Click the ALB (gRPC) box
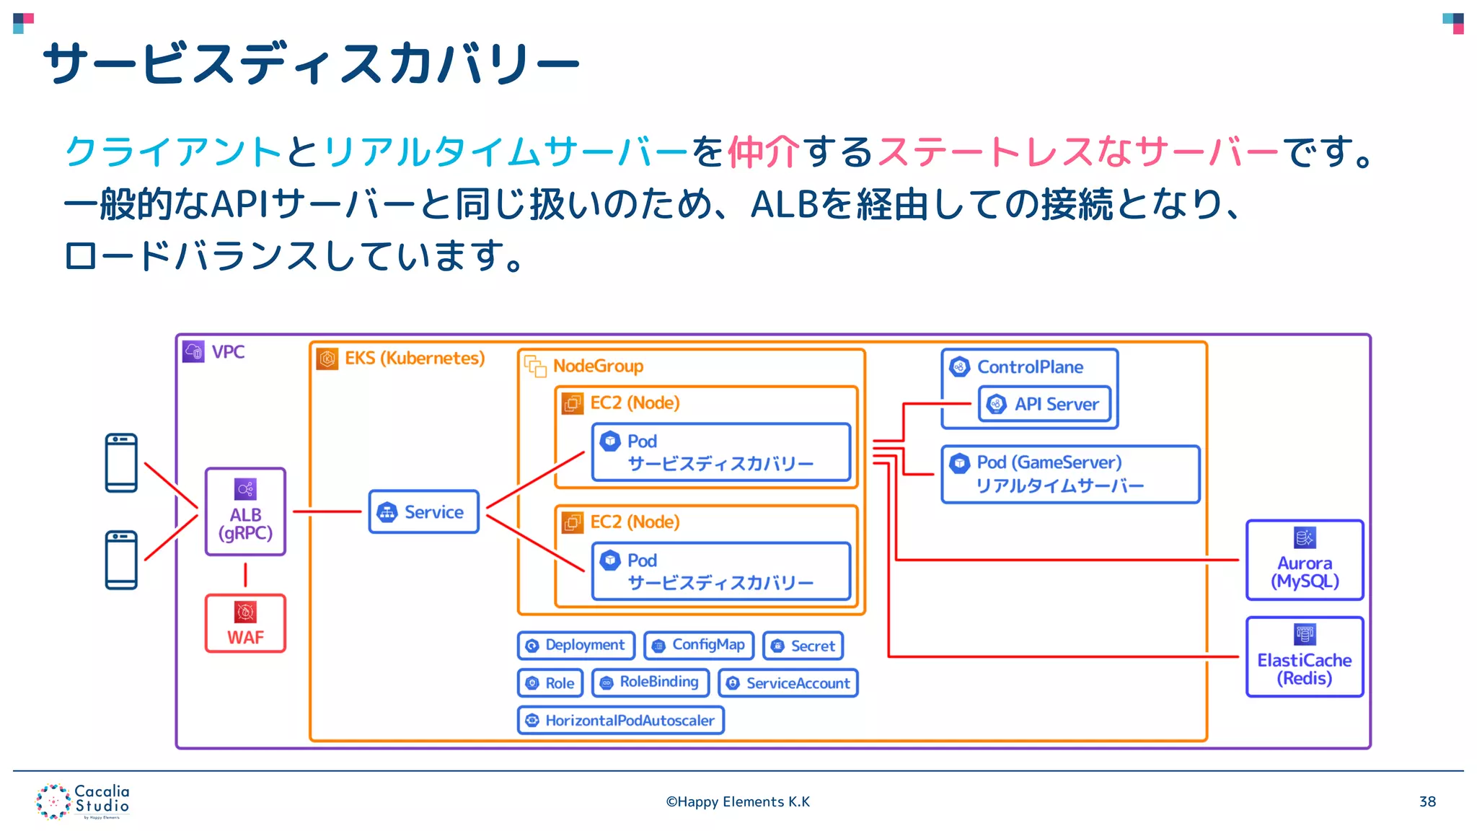coord(245,511)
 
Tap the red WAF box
coord(245,623)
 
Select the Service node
coord(423,511)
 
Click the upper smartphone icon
coord(121,462)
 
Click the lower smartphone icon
coord(121,560)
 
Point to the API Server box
coord(1044,404)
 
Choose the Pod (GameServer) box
coord(1070,474)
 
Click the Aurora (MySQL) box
coord(1304,560)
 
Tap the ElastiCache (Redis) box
coord(1304,656)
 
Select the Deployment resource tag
coord(576,645)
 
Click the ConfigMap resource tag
coord(698,645)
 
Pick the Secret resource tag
coord(802,646)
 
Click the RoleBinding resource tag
coord(650,682)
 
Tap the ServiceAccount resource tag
coord(788,683)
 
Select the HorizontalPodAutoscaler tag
coord(620,720)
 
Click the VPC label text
coord(228,352)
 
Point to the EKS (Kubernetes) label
coord(414,359)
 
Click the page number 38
coord(1427,801)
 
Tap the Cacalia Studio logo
coord(83,801)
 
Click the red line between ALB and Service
coord(327,511)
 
